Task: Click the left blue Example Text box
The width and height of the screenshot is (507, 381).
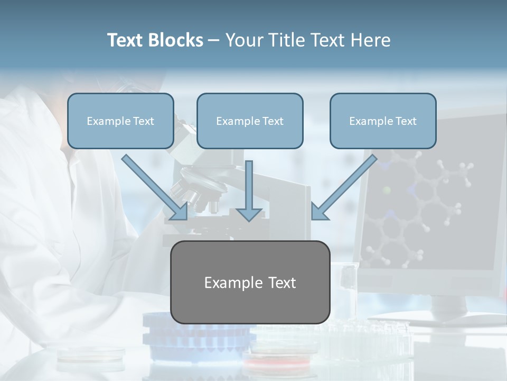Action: click(x=120, y=121)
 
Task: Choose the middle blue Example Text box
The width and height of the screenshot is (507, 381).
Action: click(x=250, y=121)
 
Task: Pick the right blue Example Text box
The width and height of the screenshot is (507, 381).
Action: click(x=383, y=121)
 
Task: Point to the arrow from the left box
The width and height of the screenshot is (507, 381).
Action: click(x=156, y=188)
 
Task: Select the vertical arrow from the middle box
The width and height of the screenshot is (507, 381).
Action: click(x=249, y=190)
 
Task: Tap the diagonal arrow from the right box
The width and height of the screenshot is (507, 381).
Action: click(x=343, y=188)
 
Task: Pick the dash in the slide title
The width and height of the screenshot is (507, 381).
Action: click(x=214, y=41)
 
